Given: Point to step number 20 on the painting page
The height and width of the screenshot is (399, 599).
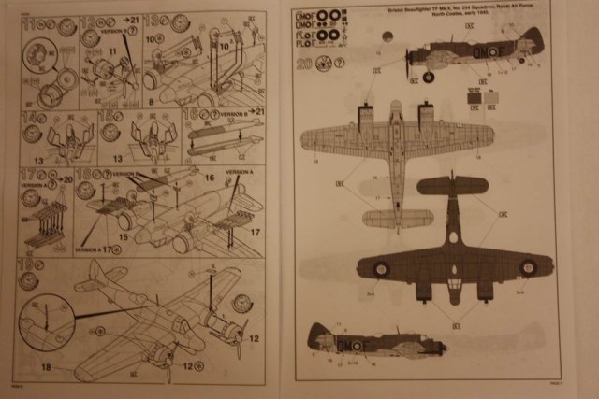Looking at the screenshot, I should tap(303, 65).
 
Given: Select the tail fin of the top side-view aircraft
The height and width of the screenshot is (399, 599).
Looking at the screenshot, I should tap(533, 39).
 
